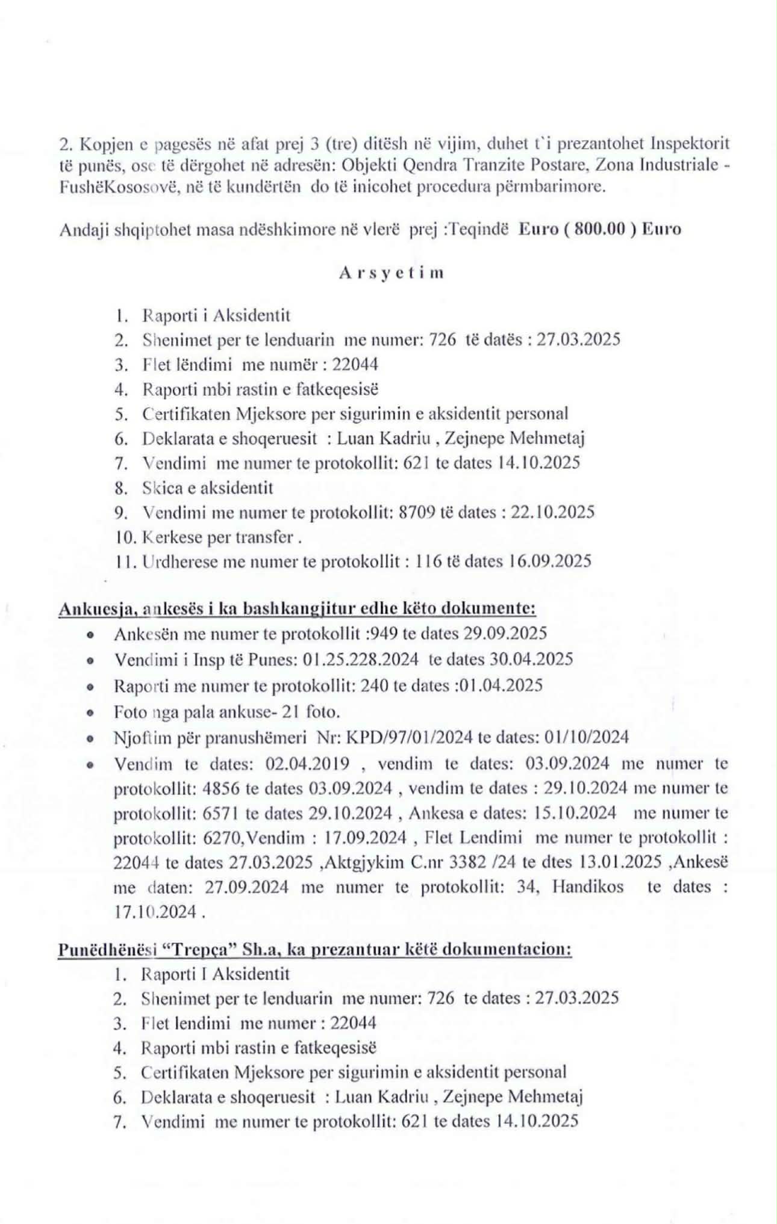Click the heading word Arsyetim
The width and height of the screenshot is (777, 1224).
391,273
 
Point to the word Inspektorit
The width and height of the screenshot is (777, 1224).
690,144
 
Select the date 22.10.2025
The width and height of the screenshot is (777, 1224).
552,512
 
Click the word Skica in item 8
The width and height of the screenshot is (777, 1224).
159,487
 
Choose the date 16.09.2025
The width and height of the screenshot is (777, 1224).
550,561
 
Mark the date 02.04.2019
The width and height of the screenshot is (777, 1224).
307,764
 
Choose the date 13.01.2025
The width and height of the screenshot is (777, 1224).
620,862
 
